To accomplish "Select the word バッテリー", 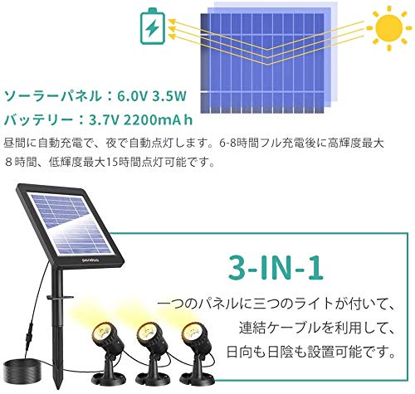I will [35, 119].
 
